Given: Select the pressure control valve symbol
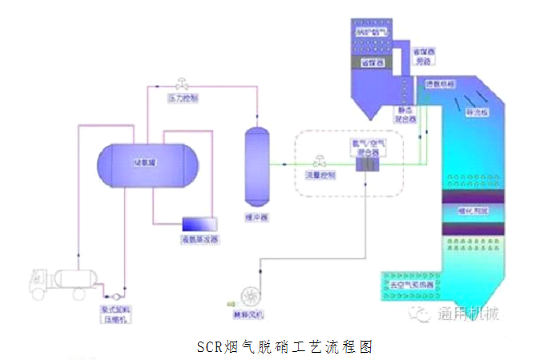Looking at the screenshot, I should coord(183,83).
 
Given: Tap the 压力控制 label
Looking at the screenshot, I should coord(182,99).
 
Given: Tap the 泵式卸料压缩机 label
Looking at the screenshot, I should coord(112,313).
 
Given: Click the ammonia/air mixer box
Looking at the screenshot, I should coord(369,164).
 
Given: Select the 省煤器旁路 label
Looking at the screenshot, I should coord(422,55).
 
